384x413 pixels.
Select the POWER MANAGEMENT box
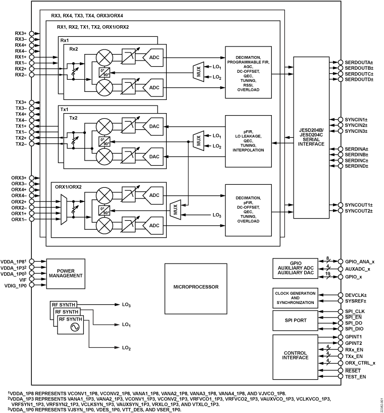pos(66,273)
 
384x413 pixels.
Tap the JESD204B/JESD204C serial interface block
pos(311,133)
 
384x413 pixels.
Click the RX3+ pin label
pos(20,33)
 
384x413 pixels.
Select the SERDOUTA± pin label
pos(359,62)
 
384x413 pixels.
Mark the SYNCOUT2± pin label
pos(359,210)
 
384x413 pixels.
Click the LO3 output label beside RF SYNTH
pos(126,305)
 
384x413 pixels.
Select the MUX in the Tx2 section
pos(199,140)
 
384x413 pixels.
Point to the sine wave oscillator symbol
pos(76,327)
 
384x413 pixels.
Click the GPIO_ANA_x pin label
pos(359,262)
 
